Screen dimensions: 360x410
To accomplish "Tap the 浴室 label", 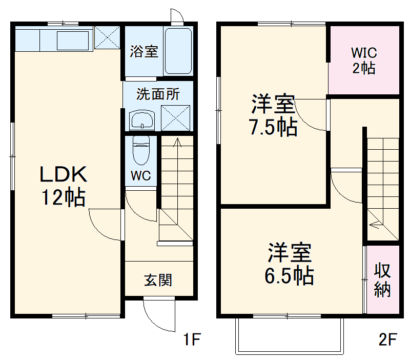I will point(143,52).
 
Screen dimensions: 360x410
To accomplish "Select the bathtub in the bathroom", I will point(178,51).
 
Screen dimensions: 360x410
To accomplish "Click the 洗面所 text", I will point(158,94).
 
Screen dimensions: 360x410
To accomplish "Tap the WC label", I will point(140,176).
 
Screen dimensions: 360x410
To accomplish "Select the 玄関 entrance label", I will point(158,280).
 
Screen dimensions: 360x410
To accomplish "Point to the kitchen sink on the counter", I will point(73,39).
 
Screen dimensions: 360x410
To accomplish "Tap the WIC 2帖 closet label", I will point(364,60).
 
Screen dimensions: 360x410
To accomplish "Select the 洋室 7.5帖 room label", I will point(273,116).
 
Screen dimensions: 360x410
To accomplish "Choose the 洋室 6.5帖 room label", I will point(289,265).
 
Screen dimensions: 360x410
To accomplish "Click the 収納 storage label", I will point(382,279).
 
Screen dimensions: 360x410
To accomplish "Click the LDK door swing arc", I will point(105,226).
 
